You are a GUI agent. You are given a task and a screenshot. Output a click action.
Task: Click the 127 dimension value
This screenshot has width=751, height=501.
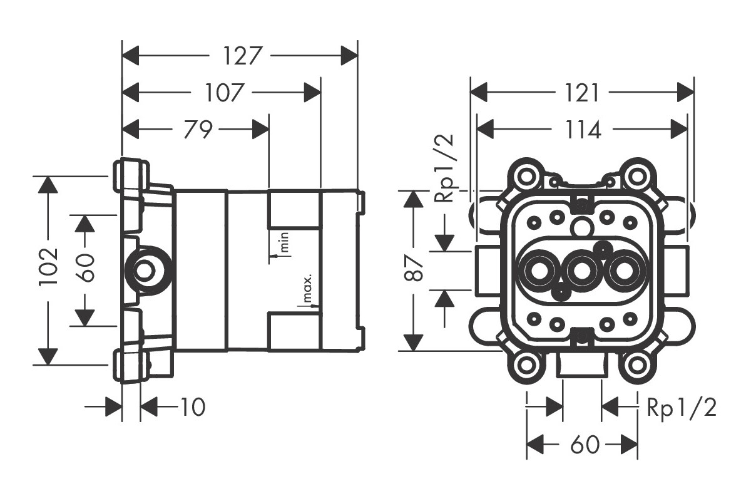(242, 56)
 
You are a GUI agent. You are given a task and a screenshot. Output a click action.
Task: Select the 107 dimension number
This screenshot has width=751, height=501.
(223, 93)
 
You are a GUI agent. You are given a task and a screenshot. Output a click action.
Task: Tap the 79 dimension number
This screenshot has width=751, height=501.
(198, 129)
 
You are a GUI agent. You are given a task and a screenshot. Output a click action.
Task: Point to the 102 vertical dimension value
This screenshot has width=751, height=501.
(49, 267)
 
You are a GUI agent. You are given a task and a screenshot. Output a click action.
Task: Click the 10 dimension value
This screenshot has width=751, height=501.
(193, 407)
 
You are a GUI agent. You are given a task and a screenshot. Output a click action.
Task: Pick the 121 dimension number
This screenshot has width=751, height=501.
(581, 93)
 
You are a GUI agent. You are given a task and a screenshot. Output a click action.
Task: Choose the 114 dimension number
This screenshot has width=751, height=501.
(583, 130)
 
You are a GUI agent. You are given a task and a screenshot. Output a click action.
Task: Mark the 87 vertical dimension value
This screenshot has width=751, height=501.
(414, 268)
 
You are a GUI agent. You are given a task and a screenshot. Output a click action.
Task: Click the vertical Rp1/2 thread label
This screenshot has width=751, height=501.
(444, 168)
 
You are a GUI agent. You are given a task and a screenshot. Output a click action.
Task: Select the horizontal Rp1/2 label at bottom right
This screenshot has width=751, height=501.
(682, 408)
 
